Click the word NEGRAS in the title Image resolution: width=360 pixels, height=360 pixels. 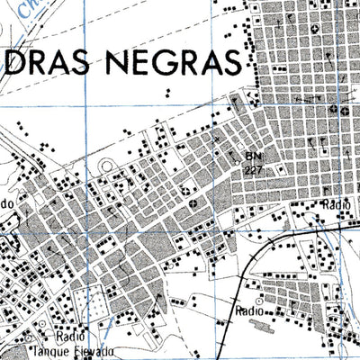[x=181, y=64]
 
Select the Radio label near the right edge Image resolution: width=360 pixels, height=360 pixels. [x=336, y=205]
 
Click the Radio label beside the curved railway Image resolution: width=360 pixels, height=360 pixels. [x=247, y=310]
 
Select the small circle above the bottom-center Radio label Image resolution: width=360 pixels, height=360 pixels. [x=259, y=297]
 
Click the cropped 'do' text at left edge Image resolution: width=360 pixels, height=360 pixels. [x=7, y=203]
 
